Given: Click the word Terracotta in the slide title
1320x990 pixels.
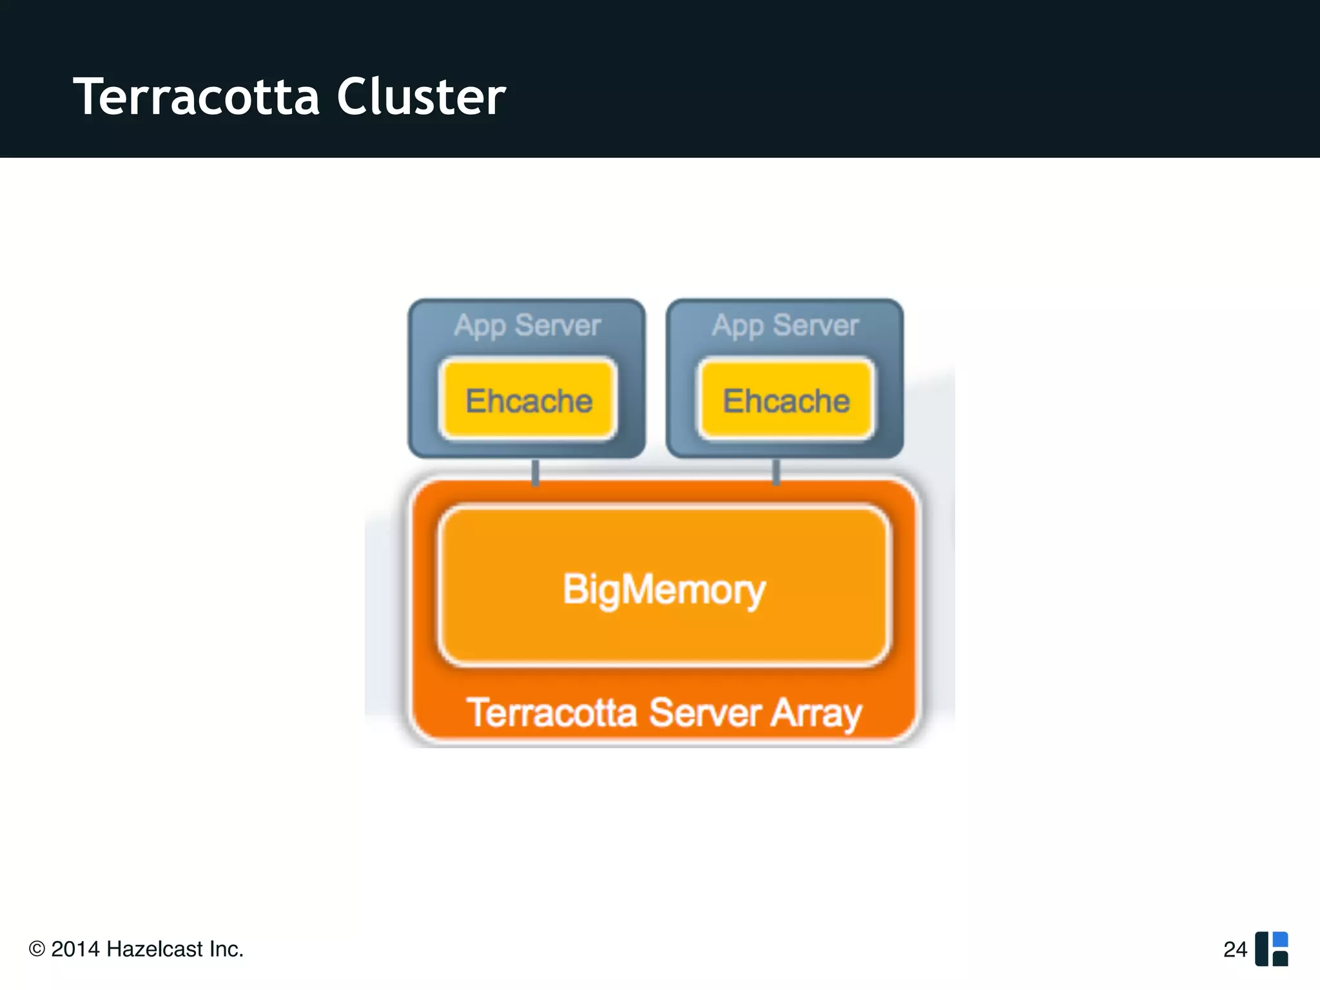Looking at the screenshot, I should pos(197,97).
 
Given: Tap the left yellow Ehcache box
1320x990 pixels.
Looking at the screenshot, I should pos(529,400).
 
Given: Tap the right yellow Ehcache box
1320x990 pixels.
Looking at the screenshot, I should pos(786,400).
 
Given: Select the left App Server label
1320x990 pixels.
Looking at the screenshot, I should pos(527,325).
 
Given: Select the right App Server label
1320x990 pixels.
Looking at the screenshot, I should pos(785,325).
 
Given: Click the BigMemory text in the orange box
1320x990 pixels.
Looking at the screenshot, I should pos(664,589).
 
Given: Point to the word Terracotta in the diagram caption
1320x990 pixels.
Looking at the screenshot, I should pos(552,713).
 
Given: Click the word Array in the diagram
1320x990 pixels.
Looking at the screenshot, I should pos(817,713).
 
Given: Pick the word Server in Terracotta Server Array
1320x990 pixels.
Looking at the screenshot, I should pos(705,713).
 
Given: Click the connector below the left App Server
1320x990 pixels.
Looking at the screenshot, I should pos(535,472).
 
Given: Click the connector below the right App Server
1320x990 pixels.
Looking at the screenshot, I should pos(776,472).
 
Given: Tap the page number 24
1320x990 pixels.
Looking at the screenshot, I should pos(1235,949).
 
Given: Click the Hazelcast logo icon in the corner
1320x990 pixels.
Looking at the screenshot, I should pos(1271,949).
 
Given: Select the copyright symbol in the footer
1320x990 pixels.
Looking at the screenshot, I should pos(37,949).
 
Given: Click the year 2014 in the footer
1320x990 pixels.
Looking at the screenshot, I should pos(75,949).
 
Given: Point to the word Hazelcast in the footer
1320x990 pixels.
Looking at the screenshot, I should pos(155,949).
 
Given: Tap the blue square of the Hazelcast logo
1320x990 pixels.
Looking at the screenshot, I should pos(1280,939).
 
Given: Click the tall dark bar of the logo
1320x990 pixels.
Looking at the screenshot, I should pos(1261,949).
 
